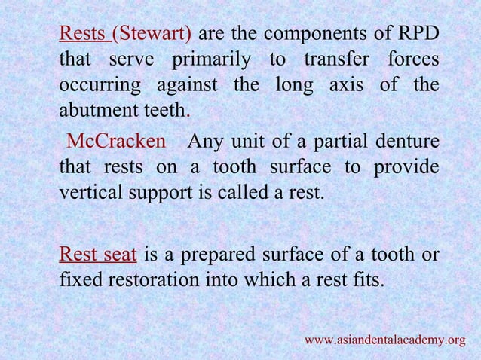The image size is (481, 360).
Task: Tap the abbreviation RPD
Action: [x=417, y=34]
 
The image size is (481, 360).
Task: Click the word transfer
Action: [x=336, y=59]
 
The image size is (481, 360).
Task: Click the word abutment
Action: [x=95, y=110]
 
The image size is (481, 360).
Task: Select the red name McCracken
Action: [x=116, y=141]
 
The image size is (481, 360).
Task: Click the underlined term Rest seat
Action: [x=97, y=255]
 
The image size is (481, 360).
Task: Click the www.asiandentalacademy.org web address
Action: [x=384, y=340]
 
